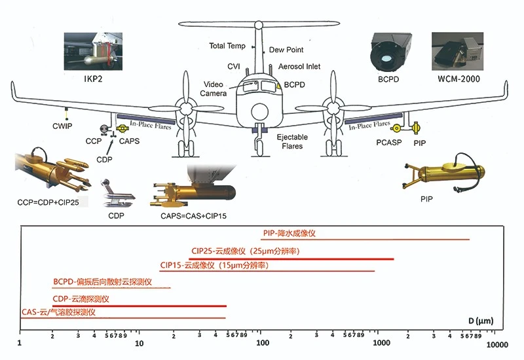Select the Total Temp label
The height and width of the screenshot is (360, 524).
point(227,46)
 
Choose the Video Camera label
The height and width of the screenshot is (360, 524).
point(214,89)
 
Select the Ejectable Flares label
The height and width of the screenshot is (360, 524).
point(293,141)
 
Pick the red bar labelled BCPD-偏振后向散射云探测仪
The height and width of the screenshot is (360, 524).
point(111,288)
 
